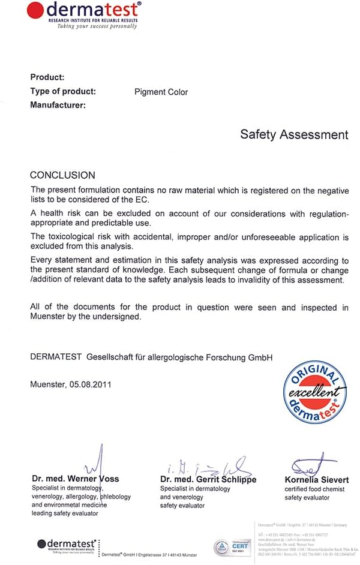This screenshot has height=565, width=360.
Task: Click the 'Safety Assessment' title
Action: pyautogui.click(x=293, y=134)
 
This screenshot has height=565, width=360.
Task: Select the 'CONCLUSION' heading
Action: pyautogui.click(x=62, y=175)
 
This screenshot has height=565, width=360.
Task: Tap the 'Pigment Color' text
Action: pyautogui.click(x=161, y=92)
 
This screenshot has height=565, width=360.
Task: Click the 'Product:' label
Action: pyautogui.click(x=47, y=77)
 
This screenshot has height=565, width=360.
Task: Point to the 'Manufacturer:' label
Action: pyautogui.click(x=58, y=105)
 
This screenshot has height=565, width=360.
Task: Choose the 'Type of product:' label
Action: pyautogui.click(x=62, y=91)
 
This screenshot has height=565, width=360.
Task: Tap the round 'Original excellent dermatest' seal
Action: pyautogui.click(x=316, y=391)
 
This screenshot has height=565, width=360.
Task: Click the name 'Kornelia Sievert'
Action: pyautogui.click(x=316, y=480)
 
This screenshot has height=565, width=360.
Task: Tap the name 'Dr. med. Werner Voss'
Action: pyautogui.click(x=76, y=479)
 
